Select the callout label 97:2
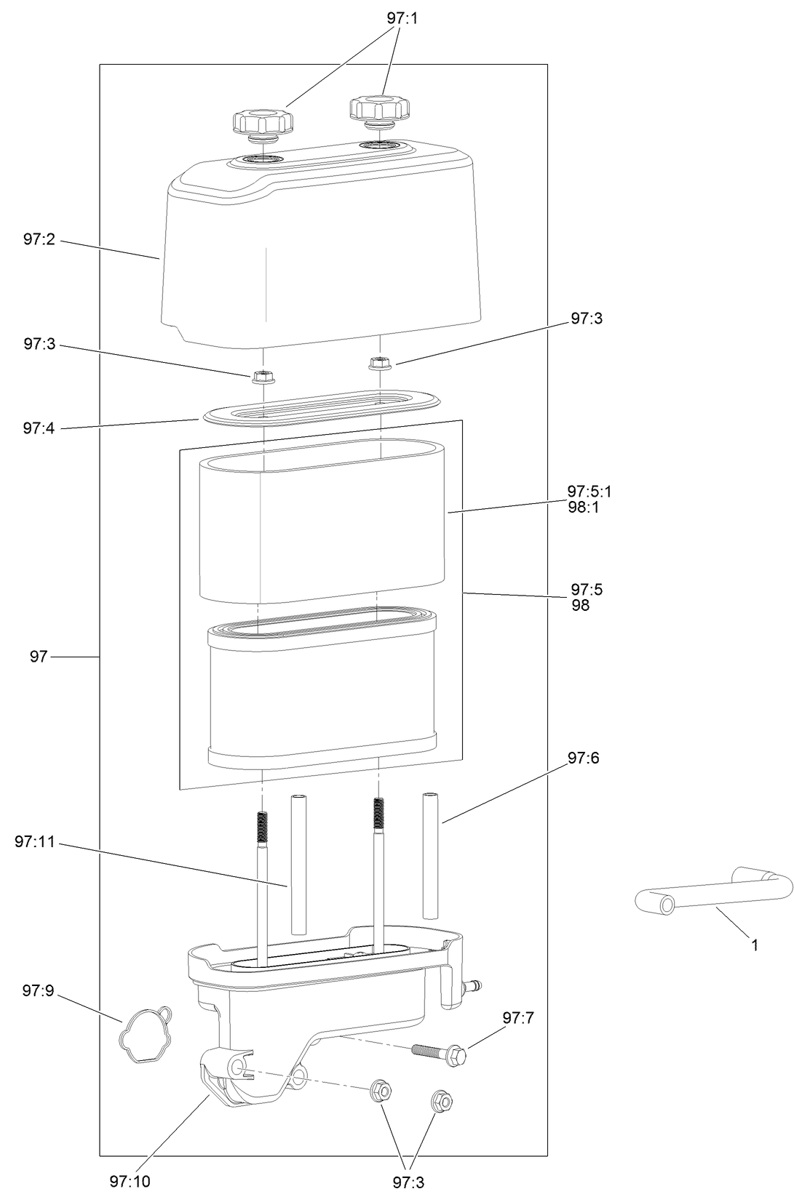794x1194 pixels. (x=39, y=239)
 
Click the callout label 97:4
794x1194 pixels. (x=39, y=428)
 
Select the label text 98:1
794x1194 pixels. (x=584, y=508)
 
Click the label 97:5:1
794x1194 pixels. (x=589, y=494)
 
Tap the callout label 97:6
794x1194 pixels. (x=584, y=758)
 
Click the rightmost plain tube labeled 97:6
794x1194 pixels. (x=430, y=856)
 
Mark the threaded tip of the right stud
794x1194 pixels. (x=378, y=813)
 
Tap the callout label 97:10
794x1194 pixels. (x=130, y=1182)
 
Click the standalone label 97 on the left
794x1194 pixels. (x=39, y=657)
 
